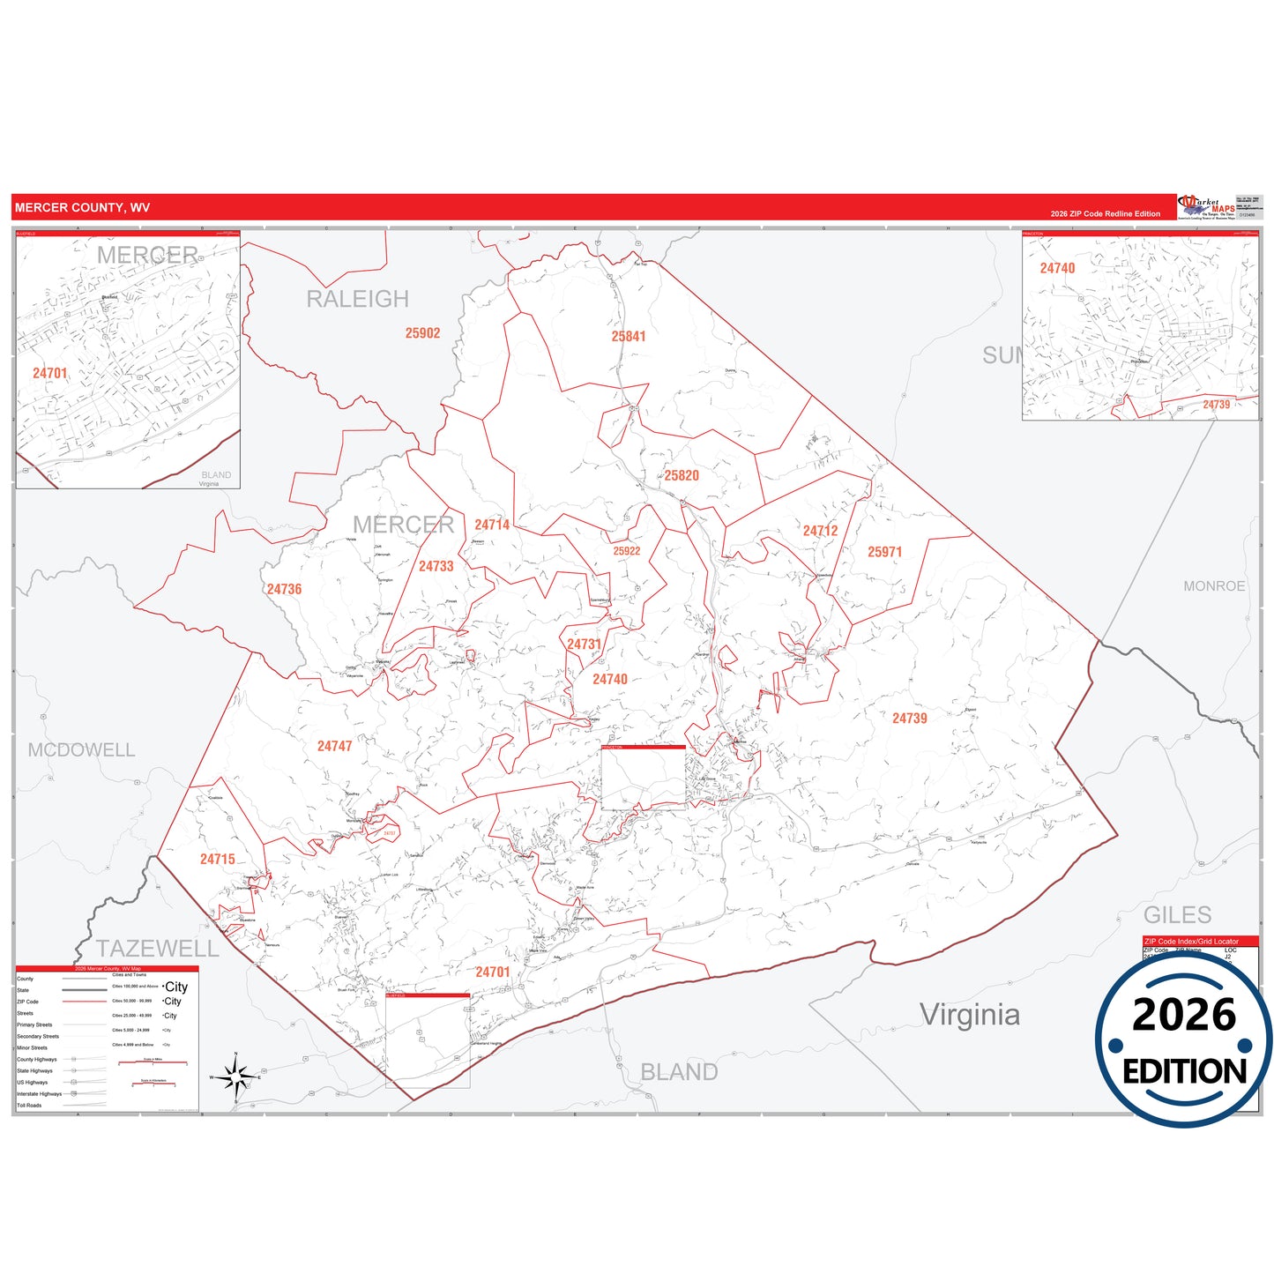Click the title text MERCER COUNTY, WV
click(82, 208)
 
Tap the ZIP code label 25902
click(422, 333)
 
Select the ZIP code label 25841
click(629, 336)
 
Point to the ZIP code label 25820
click(682, 475)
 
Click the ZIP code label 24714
click(492, 525)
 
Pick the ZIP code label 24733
click(436, 566)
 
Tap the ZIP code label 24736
click(284, 589)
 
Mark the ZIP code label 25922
click(627, 551)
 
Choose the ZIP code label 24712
click(820, 531)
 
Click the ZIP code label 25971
click(884, 552)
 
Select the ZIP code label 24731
click(584, 644)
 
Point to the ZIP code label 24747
click(334, 746)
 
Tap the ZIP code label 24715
click(217, 859)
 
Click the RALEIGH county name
click(357, 300)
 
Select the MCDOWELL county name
click(81, 750)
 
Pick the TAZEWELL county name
click(157, 949)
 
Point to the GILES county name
click(1177, 915)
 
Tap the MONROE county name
click(1214, 586)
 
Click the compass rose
click(235, 1077)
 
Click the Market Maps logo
click(1207, 207)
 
